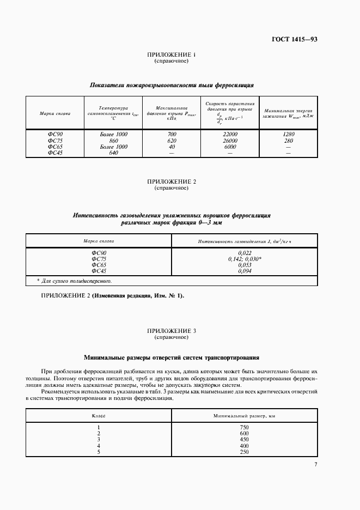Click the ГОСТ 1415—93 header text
[x=295, y=40]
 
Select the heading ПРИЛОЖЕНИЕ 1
[x=172, y=55]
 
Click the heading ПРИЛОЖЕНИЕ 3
[x=172, y=331]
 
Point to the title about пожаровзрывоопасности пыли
[x=172, y=86]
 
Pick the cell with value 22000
[x=230, y=134]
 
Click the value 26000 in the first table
[x=230, y=141]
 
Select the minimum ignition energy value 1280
[x=289, y=134]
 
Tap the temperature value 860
[x=113, y=141]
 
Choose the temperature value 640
[x=113, y=153]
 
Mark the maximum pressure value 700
[x=172, y=134]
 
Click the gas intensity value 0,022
[x=245, y=253]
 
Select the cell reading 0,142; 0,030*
[x=245, y=259]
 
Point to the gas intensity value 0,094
[x=245, y=271]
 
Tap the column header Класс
[x=99, y=416]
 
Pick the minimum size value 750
[x=244, y=428]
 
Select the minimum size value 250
[x=244, y=451]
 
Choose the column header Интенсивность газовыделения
[x=245, y=240]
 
